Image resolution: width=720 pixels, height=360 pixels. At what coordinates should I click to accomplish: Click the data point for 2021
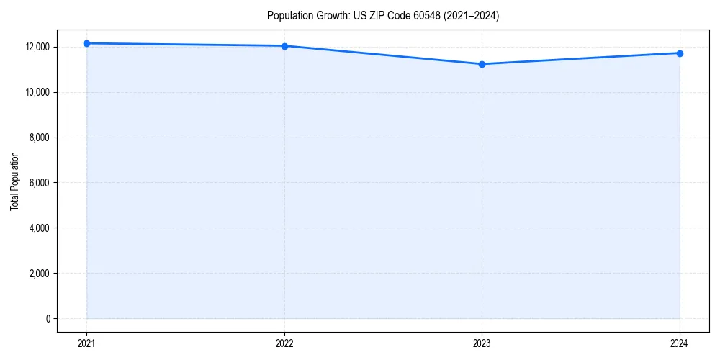[86, 43]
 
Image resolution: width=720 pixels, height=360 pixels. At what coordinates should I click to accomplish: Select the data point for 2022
[284, 46]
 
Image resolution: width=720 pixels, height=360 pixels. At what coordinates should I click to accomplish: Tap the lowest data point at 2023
[482, 64]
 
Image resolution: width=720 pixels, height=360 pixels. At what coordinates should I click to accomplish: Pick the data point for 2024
[680, 53]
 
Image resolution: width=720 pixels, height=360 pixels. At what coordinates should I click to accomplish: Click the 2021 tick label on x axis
[86, 343]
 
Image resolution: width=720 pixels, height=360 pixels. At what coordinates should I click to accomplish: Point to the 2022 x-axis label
[284, 343]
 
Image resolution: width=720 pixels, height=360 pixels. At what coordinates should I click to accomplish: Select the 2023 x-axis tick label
[482, 343]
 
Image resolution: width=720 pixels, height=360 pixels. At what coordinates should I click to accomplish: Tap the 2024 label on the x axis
[680, 343]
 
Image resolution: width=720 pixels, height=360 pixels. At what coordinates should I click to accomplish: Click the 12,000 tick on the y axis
[37, 47]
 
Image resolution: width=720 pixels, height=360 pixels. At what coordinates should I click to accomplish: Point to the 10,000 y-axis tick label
[37, 92]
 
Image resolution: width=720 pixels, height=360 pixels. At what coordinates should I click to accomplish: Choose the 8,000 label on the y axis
[39, 138]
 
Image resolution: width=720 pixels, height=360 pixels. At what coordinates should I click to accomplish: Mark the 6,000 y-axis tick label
[39, 183]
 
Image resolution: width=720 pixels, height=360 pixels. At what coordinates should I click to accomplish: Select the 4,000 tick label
[39, 228]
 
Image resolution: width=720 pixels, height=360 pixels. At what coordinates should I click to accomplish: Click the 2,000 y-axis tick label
[39, 274]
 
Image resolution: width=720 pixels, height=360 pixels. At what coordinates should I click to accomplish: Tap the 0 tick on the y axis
[48, 319]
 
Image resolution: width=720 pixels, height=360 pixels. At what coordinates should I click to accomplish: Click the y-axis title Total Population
[14, 181]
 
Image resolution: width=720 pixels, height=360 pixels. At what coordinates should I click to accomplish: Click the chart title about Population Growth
[382, 16]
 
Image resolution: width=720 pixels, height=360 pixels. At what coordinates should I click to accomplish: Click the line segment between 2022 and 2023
[383, 55]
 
